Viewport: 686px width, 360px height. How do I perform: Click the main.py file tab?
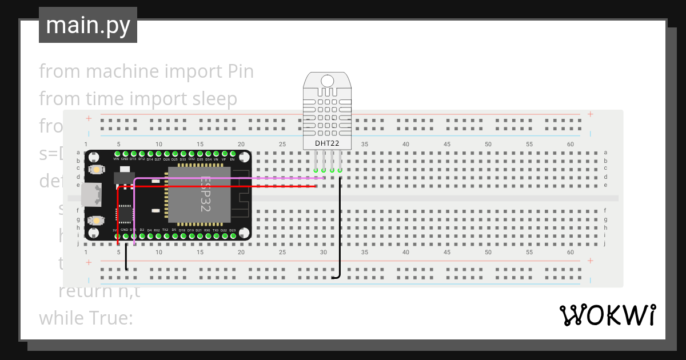(x=87, y=25)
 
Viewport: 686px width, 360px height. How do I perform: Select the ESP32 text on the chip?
(x=206, y=195)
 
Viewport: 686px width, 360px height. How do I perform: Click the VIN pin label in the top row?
(x=117, y=159)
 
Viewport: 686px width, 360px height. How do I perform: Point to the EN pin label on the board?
(x=232, y=159)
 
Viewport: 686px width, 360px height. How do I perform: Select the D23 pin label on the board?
(x=232, y=230)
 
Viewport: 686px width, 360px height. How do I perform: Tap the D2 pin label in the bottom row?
(x=141, y=230)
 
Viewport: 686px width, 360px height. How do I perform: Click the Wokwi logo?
(x=607, y=315)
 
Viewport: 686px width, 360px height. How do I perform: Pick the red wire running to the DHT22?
(x=229, y=186)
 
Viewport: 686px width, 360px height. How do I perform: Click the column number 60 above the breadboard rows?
(x=571, y=145)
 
